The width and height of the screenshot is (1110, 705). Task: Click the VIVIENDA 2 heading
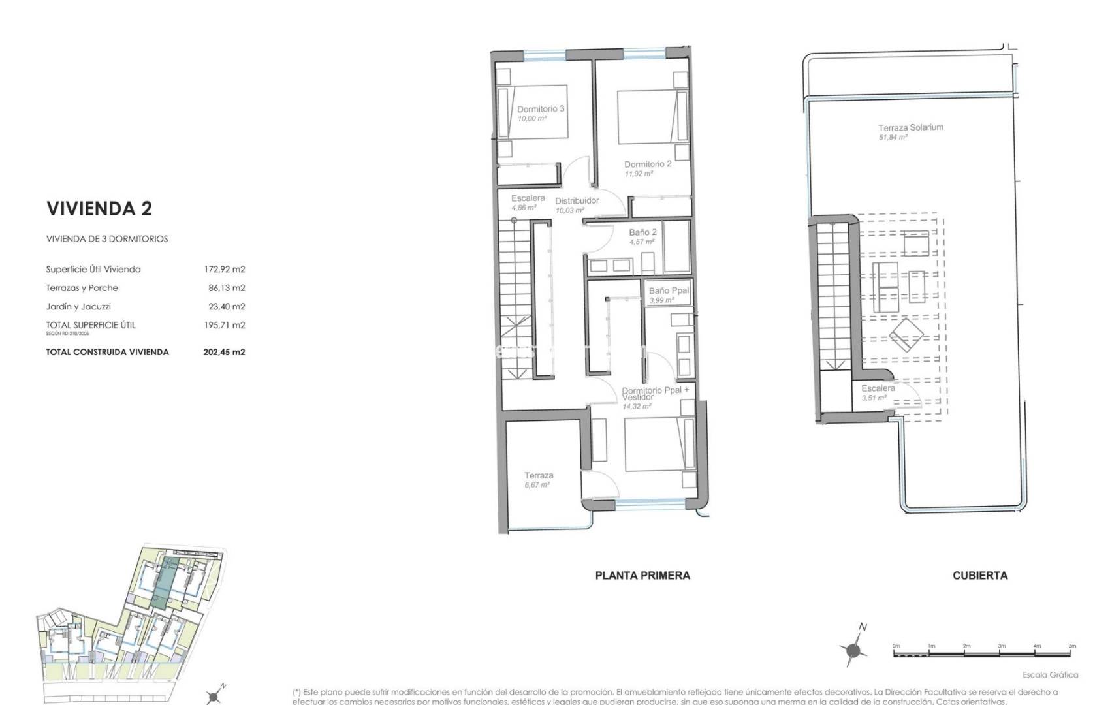coord(99,209)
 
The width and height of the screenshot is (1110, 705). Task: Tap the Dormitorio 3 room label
coord(541,109)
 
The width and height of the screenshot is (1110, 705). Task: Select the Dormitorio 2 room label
coord(648,164)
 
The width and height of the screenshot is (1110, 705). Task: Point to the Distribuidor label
coord(577,200)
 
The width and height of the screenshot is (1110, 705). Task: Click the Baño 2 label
coord(642,232)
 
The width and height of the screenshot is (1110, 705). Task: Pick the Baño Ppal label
coord(669,290)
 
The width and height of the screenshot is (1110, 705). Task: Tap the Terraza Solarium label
coord(910,128)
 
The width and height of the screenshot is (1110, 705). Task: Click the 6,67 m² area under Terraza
coord(537,485)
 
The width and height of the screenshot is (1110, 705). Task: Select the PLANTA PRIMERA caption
coord(642,575)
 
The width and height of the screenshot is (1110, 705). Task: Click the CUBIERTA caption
coord(979,575)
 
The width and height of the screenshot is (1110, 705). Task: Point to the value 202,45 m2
coord(224,352)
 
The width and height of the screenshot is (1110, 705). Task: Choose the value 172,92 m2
coord(224,269)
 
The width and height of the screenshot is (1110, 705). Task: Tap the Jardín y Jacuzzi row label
coord(78,306)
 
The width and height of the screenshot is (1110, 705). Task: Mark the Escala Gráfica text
coord(1050,675)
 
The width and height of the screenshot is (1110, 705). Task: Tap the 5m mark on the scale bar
coord(1072,646)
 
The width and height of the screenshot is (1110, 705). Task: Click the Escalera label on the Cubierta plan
coord(878,388)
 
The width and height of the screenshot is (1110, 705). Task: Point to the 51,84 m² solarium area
coord(893,138)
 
